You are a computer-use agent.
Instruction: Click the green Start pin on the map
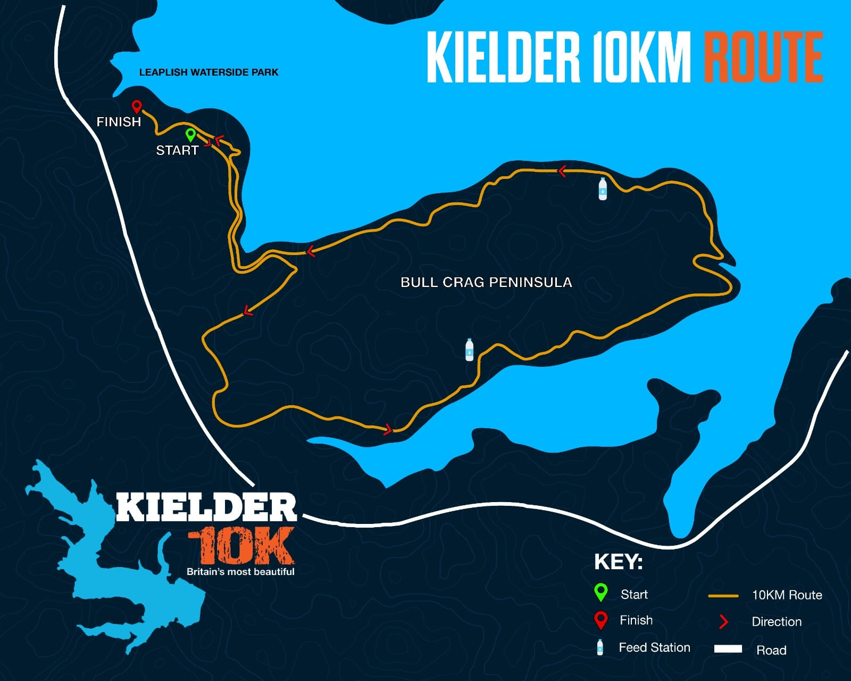190,134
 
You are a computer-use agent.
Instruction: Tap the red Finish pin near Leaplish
137,106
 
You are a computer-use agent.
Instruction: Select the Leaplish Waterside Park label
208,72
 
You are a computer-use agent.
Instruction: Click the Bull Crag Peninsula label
486,282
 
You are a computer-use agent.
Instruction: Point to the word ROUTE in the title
763,58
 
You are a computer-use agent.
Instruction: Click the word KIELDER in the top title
503,58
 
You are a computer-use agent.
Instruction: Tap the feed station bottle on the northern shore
603,189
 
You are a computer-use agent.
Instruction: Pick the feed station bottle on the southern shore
469,350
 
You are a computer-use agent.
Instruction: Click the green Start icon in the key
600,592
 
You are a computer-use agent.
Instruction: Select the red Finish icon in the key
600,620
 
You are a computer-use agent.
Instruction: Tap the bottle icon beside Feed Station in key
600,647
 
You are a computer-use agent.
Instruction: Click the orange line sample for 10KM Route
723,596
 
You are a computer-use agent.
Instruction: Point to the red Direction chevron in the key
723,621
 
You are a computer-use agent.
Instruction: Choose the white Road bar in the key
728,649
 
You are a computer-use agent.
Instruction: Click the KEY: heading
618,562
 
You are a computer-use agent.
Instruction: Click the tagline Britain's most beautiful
240,572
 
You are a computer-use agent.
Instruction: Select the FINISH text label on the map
119,122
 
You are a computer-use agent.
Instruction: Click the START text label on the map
177,151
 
